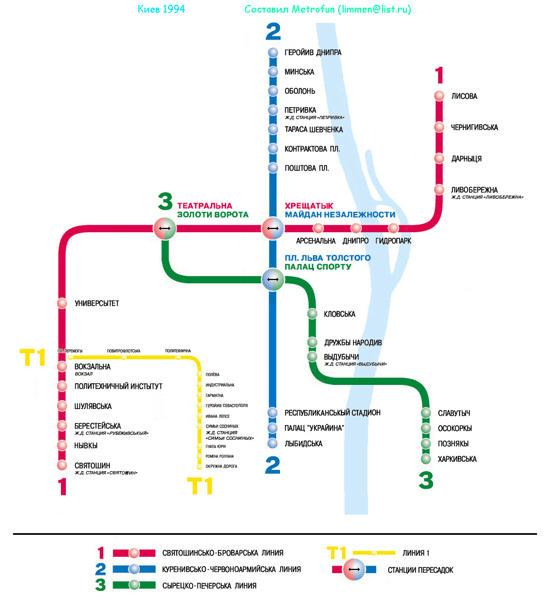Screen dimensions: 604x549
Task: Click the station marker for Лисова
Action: (x=439, y=96)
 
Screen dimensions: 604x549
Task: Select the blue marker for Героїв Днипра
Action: (x=273, y=53)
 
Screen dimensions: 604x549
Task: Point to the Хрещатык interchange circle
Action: (x=272, y=228)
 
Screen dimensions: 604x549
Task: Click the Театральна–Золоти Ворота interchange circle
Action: (x=164, y=228)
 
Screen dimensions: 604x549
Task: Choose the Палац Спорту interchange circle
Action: (x=272, y=279)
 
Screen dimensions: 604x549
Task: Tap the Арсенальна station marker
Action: (x=318, y=228)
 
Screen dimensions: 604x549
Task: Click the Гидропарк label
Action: (x=393, y=241)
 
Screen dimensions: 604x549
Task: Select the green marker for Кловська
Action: (x=312, y=314)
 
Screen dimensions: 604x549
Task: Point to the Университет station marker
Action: (x=62, y=303)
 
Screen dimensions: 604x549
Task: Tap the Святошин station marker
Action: (x=62, y=466)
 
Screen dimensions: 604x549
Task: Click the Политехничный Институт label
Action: (x=118, y=387)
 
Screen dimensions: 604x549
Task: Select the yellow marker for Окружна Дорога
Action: (x=199, y=467)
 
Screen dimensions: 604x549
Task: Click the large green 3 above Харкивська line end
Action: (x=425, y=482)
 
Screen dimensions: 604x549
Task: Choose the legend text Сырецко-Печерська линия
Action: (x=209, y=586)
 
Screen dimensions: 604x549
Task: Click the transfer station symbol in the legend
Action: (x=354, y=569)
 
